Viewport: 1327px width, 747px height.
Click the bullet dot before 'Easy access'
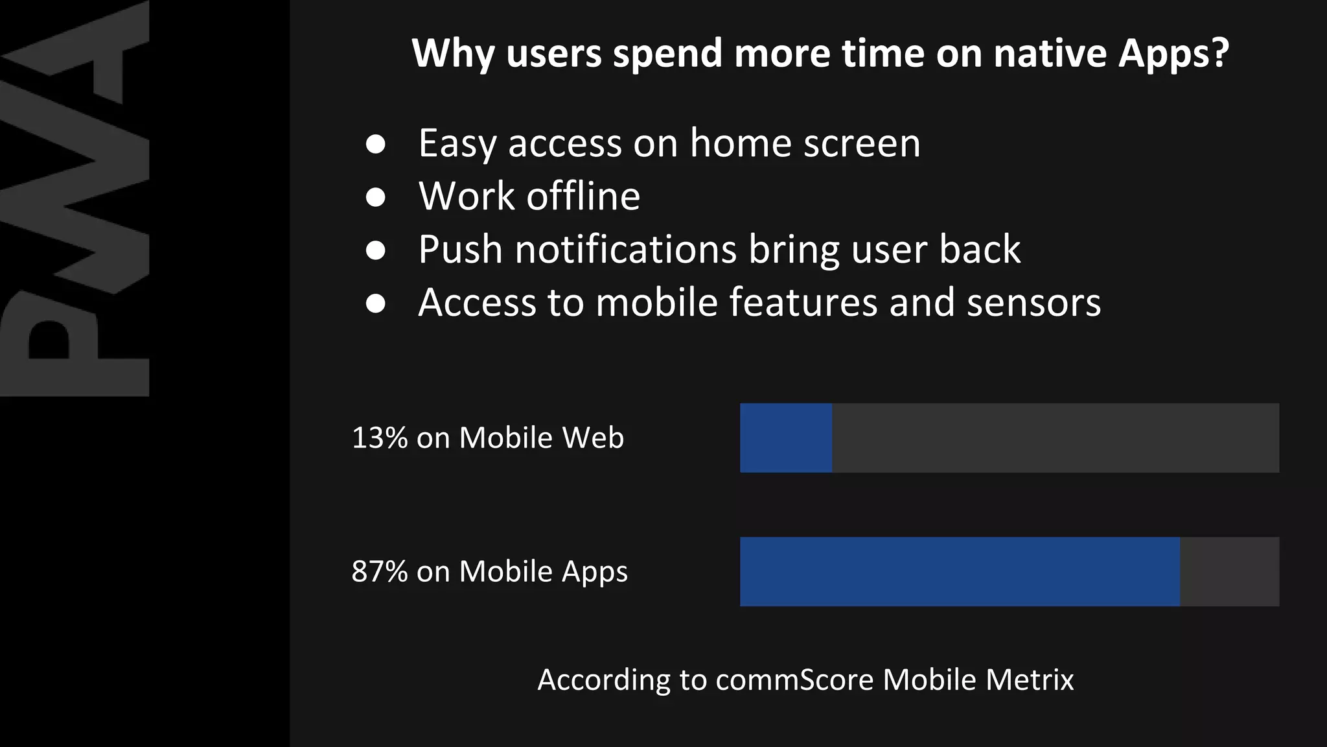[376, 144]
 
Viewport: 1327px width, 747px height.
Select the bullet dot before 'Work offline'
[376, 197]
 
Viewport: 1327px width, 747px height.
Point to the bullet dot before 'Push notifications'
[376, 250]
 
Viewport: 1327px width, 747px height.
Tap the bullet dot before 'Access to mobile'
[376, 303]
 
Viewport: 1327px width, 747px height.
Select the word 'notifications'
[626, 250]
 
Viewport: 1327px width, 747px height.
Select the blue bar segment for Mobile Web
[786, 438]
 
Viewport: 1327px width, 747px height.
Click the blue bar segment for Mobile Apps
[960, 571]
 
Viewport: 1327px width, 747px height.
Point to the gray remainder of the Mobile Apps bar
[1229, 571]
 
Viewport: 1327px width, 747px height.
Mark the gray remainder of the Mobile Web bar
[1056, 438]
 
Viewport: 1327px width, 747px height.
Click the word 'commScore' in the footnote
[794, 680]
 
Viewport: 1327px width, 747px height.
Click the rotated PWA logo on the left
[75, 198]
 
